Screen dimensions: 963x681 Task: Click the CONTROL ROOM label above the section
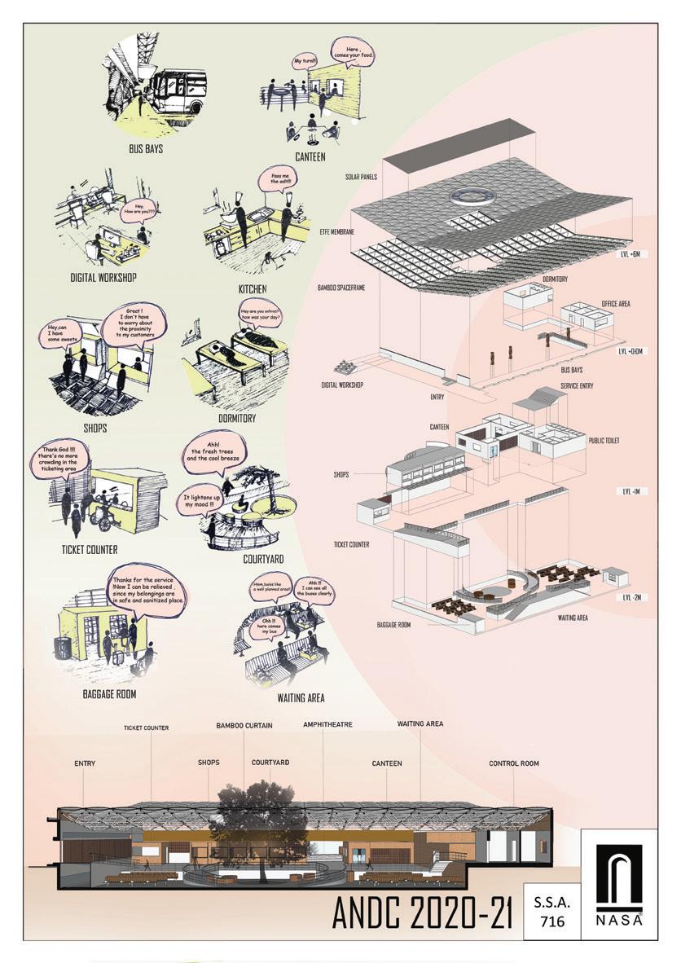[x=513, y=763]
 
